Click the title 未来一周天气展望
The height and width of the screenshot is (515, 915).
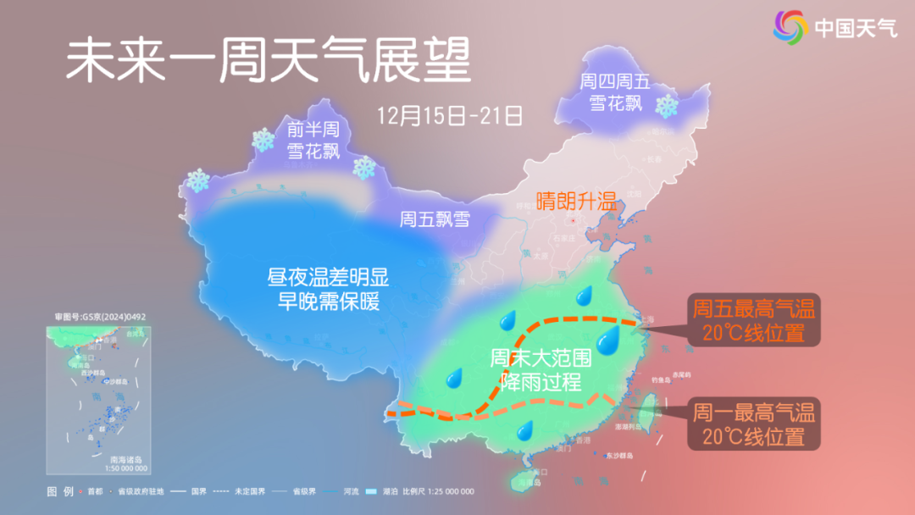[x=268, y=61]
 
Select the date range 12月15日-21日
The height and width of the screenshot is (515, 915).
[x=451, y=115]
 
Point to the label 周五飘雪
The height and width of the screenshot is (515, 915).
[x=435, y=219]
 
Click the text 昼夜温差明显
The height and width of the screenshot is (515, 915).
[x=328, y=277]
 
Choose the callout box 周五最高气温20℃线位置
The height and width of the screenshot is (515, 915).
[x=753, y=320]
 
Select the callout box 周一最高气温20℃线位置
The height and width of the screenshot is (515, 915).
[x=753, y=425]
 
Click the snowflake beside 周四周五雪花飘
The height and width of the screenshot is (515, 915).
[x=668, y=107]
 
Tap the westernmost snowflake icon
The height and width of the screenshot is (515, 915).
[x=198, y=180]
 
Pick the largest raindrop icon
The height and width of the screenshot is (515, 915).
[x=607, y=341]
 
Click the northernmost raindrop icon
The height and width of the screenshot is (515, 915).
[x=584, y=296]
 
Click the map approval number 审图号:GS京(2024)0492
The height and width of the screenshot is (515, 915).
[x=101, y=317]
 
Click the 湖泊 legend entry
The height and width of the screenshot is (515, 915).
[x=375, y=492]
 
